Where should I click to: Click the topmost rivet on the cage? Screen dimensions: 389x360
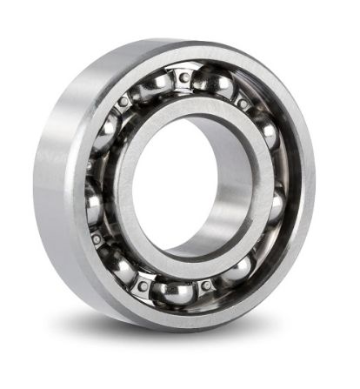[184, 77]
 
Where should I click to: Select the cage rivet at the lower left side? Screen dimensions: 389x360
[96, 237]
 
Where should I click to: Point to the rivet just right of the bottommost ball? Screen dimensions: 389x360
[205, 285]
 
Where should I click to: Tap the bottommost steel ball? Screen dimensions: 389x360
[173, 289]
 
